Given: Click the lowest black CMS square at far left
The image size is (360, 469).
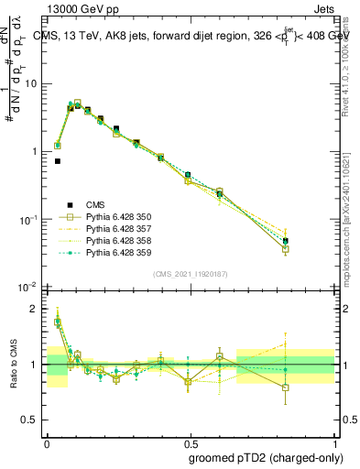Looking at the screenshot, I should [58, 161].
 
